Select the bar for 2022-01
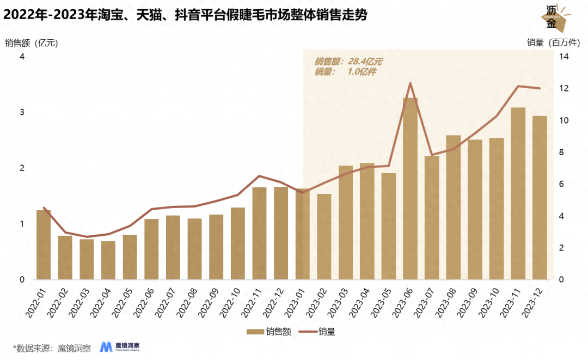pos(44,245)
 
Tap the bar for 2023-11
pos(518,194)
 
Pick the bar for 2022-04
pos(108,260)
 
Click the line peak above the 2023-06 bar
pos(410,83)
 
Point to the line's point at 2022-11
pos(259,176)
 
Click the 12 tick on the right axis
pos(563,88)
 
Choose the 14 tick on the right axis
pos(563,57)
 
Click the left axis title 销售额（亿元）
pos(31,42)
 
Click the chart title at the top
pos(185,16)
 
